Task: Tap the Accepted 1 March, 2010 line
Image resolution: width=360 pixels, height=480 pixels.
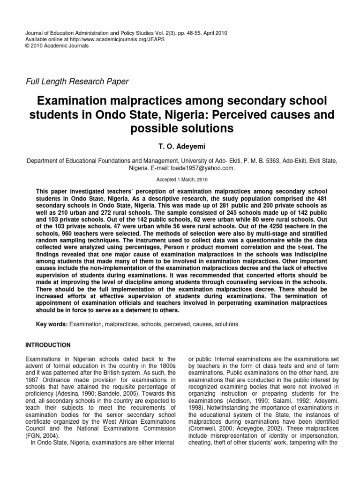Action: (180, 180)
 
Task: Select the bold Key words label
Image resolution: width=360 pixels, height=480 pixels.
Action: (52, 324)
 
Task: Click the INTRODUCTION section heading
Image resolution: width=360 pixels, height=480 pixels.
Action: (48, 345)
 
